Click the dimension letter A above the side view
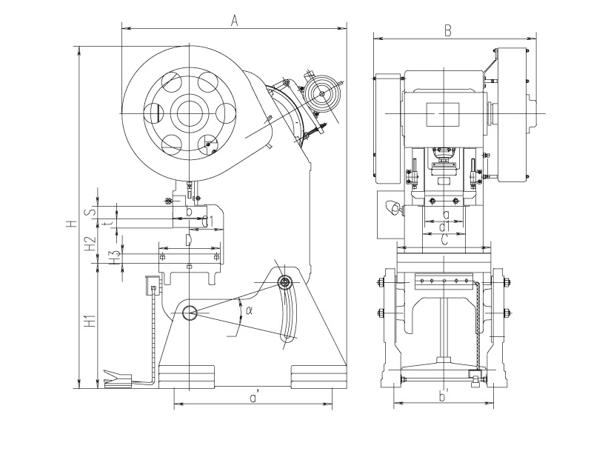233,21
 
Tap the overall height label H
70,223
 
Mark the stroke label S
90,211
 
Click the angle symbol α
250,310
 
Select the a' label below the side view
253,398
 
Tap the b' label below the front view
443,397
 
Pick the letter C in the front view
443,240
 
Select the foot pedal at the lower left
118,378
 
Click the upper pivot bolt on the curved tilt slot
285,282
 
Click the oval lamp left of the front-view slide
391,210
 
